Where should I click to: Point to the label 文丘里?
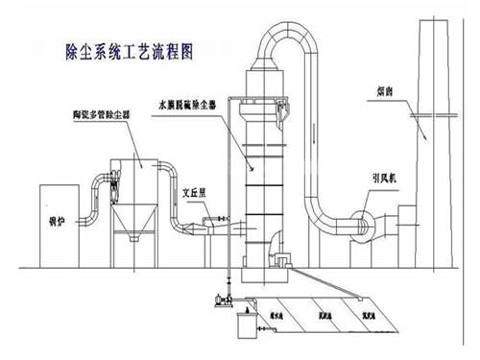click(196, 191)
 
